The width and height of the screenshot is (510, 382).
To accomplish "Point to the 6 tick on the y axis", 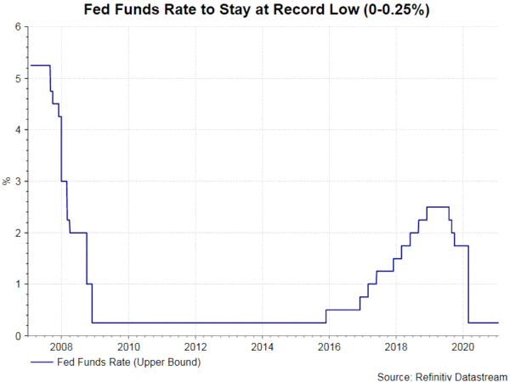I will pyautogui.click(x=17, y=27).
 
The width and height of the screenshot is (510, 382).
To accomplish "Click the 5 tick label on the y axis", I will pyautogui.click(x=17, y=78).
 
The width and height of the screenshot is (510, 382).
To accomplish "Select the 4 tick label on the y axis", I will pyautogui.click(x=17, y=130).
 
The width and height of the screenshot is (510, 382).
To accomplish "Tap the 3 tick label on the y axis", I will pyautogui.click(x=17, y=182).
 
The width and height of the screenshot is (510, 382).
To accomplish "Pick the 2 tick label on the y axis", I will pyautogui.click(x=17, y=233).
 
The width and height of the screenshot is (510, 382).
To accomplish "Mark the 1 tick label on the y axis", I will pyautogui.click(x=17, y=284).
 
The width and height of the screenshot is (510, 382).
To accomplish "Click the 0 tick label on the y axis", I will pyautogui.click(x=17, y=335).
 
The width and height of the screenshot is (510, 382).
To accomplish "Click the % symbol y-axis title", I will pyautogui.click(x=7, y=181).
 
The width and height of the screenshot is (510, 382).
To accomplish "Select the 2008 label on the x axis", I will pyautogui.click(x=61, y=347).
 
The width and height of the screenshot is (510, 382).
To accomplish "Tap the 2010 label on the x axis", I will pyautogui.click(x=128, y=347).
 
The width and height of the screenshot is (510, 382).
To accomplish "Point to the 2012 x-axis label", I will pyautogui.click(x=195, y=347).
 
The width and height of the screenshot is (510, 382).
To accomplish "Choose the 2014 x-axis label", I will pyautogui.click(x=262, y=347).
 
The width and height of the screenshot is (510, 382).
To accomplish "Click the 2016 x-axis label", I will pyautogui.click(x=329, y=347).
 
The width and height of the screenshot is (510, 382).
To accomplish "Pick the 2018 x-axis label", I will pyautogui.click(x=396, y=347).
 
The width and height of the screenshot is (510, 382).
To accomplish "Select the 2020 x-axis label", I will pyautogui.click(x=462, y=347).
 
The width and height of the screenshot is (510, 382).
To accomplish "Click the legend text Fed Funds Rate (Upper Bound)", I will pyautogui.click(x=127, y=362).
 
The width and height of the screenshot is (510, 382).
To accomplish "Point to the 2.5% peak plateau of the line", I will pyautogui.click(x=438, y=207).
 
